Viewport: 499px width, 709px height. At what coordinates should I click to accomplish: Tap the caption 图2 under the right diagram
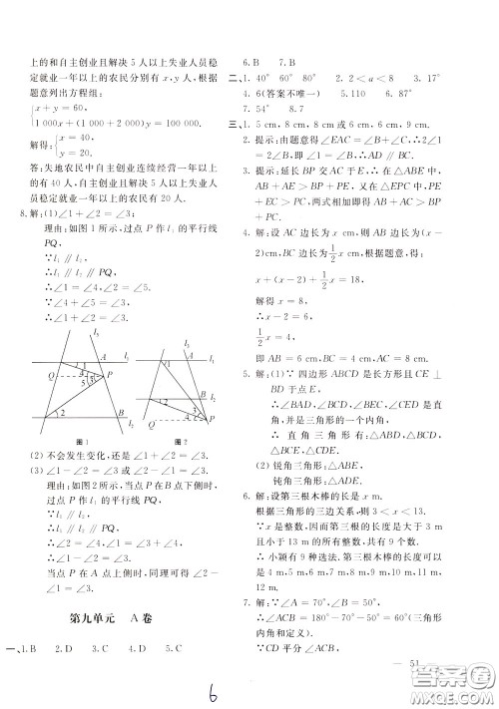tap(180, 441)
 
